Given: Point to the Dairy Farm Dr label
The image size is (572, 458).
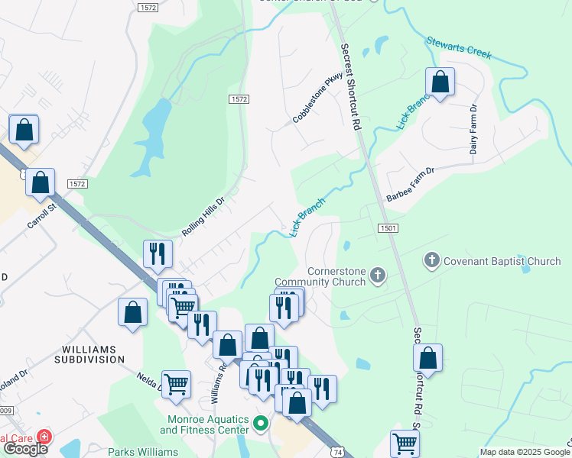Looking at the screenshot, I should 474,127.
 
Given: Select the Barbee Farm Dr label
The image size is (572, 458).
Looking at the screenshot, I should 410,184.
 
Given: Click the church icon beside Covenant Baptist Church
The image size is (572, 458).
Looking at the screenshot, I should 431,261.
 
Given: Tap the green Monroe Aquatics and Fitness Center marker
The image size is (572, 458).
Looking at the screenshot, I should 261,422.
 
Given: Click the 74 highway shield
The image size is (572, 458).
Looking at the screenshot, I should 337,452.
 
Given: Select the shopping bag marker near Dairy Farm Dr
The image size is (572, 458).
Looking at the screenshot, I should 440,82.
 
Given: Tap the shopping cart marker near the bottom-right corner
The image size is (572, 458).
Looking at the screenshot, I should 404,443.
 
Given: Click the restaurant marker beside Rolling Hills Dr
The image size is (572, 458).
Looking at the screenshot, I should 158,253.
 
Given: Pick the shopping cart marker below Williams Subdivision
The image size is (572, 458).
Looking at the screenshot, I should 176,383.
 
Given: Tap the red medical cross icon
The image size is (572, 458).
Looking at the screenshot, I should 44,437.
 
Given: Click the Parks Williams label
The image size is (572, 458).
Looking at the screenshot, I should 145,452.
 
